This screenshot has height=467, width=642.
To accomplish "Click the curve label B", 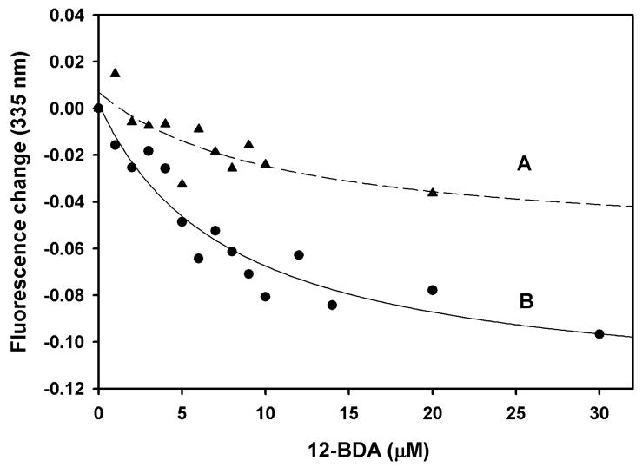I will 525,302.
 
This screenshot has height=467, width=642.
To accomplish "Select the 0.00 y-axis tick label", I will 71,109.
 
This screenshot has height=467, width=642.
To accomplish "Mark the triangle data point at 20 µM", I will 433,192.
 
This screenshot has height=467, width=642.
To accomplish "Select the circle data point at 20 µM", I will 433,290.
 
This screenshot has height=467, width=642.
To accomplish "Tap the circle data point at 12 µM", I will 299,255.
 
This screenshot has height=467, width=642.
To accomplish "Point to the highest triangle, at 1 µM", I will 115,73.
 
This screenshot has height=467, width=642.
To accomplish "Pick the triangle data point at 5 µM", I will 182,183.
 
